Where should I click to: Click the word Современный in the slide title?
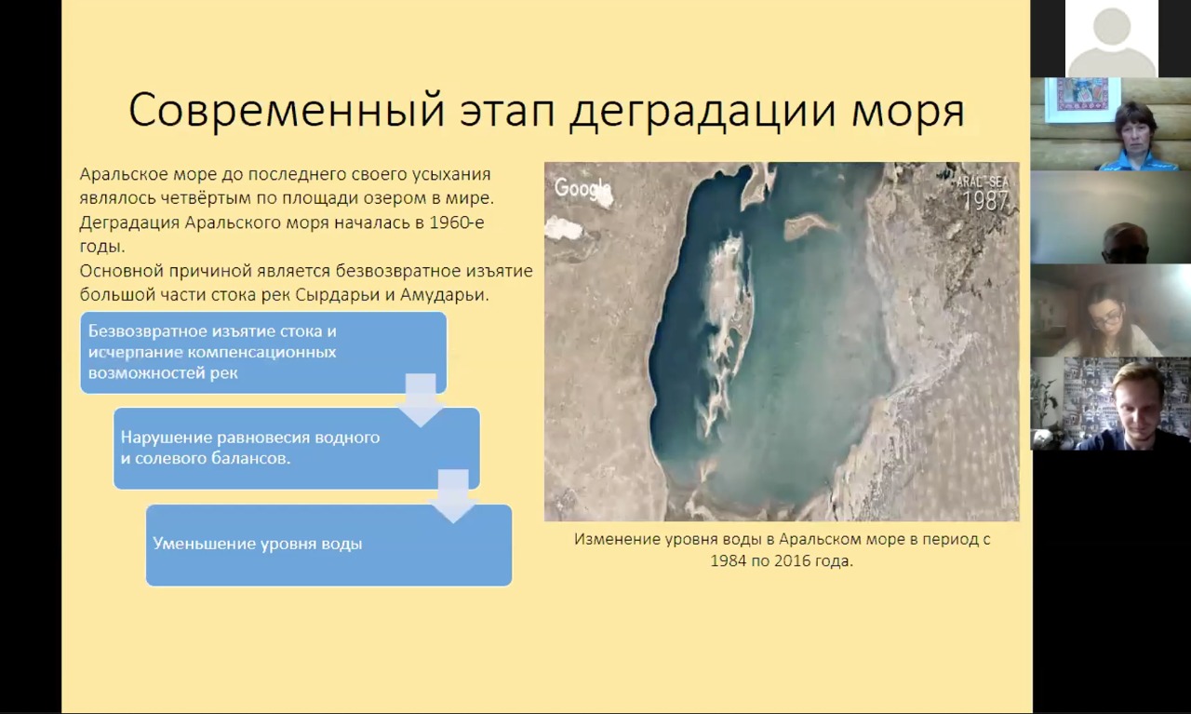[x=287, y=110]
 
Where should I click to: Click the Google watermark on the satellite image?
[x=582, y=188]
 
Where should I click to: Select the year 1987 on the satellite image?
[x=985, y=200]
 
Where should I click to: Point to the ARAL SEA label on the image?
[x=982, y=182]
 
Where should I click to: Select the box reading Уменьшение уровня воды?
[x=329, y=546]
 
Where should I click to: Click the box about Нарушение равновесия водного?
[x=297, y=448]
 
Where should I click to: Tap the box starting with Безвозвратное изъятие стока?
[x=263, y=352]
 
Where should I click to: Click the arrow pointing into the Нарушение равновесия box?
[x=421, y=400]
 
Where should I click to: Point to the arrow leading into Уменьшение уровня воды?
[x=453, y=496]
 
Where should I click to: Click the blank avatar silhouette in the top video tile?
[x=1111, y=42]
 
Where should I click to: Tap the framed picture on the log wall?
[x=1082, y=99]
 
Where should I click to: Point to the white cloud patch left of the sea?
[x=564, y=228]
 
